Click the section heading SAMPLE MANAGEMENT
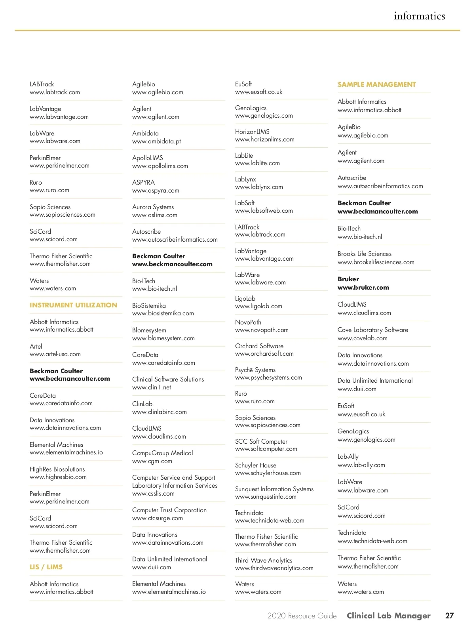pyautogui.click(x=376, y=84)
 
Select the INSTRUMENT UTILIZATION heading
pyautogui.click(x=73, y=305)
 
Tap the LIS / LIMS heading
pyautogui.click(x=46, y=567)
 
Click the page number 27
pyautogui.click(x=449, y=616)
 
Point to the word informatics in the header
pyautogui.click(x=419, y=16)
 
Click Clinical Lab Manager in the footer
pyautogui.click(x=388, y=616)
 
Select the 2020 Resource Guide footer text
pyautogui.click(x=302, y=616)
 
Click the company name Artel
pyautogui.click(x=36, y=346)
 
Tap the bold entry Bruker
pyautogui.click(x=348, y=279)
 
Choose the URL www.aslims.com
pyautogui.click(x=155, y=215)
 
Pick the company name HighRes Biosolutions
pyautogui.click(x=57, y=469)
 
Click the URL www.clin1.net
pyautogui.click(x=152, y=387)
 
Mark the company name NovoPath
pyautogui.click(x=248, y=322)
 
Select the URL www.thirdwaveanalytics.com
pyautogui.click(x=274, y=568)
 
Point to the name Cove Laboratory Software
pyautogui.click(x=373, y=330)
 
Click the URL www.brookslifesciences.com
pyautogui.click(x=376, y=262)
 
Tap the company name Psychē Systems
pyautogui.click(x=255, y=370)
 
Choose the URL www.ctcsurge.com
pyautogui.click(x=158, y=518)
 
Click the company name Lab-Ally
pyautogui.click(x=348, y=456)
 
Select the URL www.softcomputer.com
pyautogui.click(x=266, y=449)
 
